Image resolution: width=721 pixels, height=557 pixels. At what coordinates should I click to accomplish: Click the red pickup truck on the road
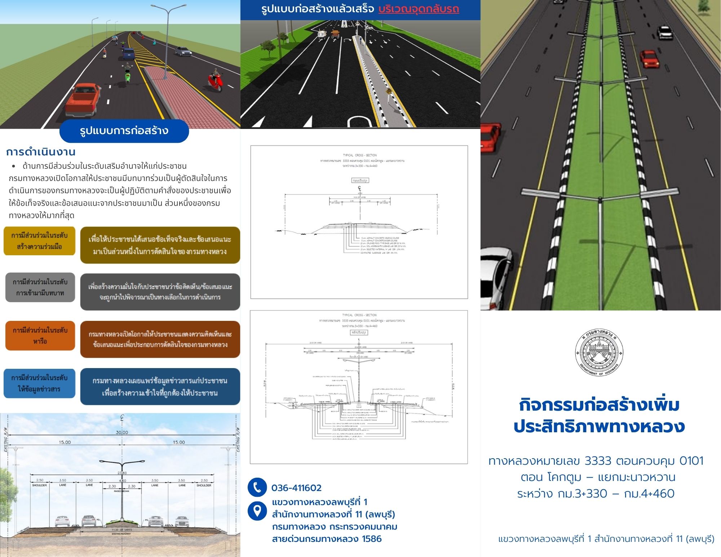83,99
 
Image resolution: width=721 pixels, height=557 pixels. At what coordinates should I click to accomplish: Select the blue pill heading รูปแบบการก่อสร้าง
124,131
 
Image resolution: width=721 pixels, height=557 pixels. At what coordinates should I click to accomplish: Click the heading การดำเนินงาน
41,152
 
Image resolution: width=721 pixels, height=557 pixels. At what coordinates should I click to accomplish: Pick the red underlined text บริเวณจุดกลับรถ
419,9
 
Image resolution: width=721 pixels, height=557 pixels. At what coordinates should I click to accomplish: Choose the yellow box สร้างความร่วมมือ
39,241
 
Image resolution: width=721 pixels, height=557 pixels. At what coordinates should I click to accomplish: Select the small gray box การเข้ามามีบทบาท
40,287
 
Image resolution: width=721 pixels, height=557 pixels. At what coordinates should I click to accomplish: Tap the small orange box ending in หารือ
40,336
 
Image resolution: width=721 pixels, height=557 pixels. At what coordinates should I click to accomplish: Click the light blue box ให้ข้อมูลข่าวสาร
39,383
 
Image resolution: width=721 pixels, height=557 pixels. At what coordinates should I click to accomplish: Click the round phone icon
257,487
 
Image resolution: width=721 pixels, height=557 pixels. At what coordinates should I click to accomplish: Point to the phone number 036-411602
296,488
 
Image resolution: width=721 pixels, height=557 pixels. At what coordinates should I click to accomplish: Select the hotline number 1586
372,539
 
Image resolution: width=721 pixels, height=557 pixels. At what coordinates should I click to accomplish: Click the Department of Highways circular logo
599,352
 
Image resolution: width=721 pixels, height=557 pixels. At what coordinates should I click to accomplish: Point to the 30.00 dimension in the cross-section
122,432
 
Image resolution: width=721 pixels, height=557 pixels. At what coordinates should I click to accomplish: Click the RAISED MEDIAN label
122,491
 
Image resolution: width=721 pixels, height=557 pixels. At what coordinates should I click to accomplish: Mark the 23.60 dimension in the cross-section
122,473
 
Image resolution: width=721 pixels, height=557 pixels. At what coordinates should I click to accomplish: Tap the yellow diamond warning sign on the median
389,92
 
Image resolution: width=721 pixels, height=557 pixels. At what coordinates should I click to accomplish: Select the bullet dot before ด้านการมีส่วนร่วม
14,166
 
